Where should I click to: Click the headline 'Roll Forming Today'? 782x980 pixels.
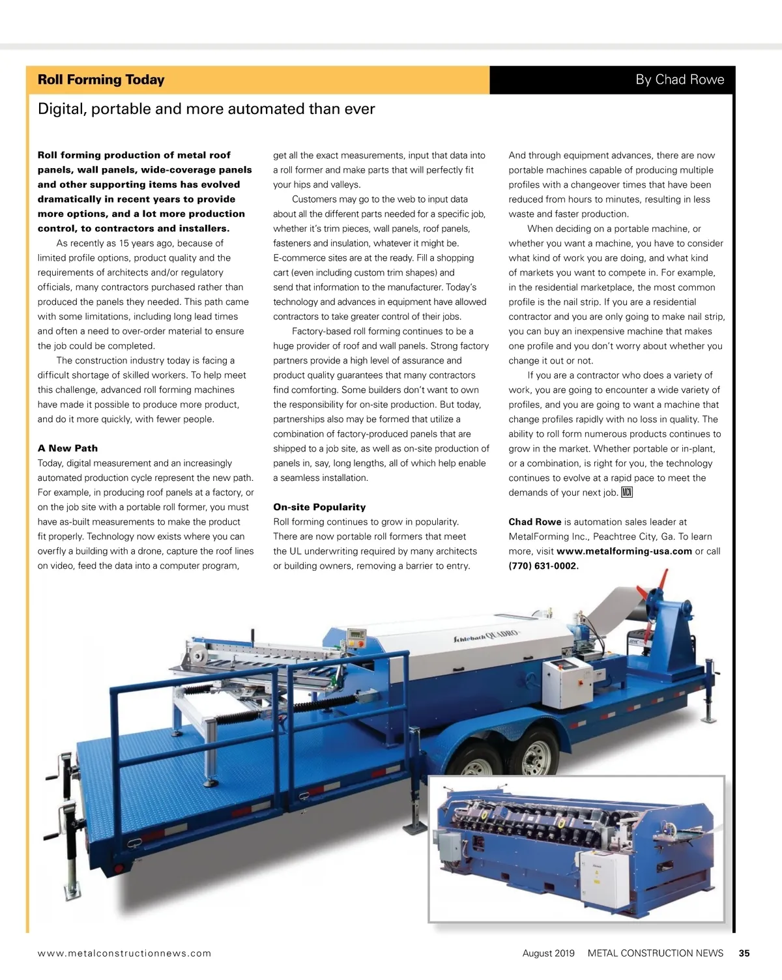coord(101,79)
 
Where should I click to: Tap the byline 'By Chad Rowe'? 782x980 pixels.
coord(680,79)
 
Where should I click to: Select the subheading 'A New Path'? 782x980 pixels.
coord(68,448)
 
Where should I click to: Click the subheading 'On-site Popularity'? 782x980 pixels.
coord(319,507)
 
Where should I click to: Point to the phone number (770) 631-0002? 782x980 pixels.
coord(543,566)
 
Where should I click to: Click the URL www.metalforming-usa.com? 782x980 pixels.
coord(624,551)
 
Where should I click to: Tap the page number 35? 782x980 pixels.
coord(744,953)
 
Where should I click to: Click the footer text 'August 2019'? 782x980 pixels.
coord(548,953)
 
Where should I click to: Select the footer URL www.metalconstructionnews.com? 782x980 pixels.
coord(124,953)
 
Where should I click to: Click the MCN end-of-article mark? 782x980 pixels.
coord(627,493)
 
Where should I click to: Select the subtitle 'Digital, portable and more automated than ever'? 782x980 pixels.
coord(206,109)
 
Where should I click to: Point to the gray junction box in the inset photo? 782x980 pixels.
coord(450,847)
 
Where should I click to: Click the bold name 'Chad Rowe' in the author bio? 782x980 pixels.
coord(534,522)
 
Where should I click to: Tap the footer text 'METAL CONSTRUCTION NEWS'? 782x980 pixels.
coord(655,953)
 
